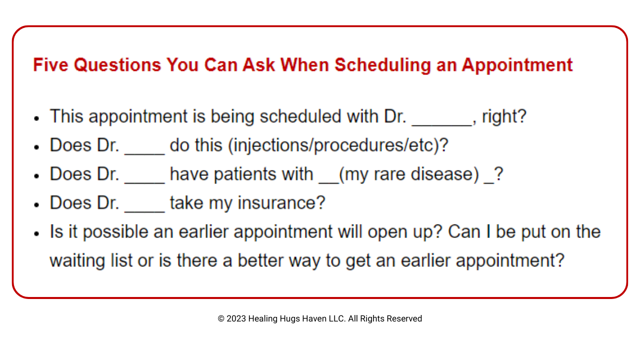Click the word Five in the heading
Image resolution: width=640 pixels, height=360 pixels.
pyautogui.click(x=50, y=64)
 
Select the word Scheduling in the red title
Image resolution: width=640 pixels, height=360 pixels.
pyautogui.click(x=382, y=65)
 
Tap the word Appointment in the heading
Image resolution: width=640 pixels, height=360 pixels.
pyautogui.click(x=517, y=65)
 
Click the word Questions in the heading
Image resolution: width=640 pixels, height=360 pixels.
pyautogui.click(x=117, y=65)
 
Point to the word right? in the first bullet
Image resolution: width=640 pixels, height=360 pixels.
pyautogui.click(x=504, y=117)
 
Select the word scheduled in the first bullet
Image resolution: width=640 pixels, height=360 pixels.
pyautogui.click(x=300, y=116)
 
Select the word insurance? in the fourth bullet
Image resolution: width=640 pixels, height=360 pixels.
pyautogui.click(x=281, y=203)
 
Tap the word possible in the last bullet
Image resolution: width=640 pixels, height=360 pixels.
pyautogui.click(x=115, y=231)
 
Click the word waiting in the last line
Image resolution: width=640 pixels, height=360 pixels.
pyautogui.click(x=77, y=261)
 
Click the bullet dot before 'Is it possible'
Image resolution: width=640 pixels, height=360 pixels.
pyautogui.click(x=36, y=233)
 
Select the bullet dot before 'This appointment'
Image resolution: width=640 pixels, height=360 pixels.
pyautogui.click(x=36, y=118)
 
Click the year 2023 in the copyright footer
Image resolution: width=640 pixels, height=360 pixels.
pyautogui.click(x=236, y=318)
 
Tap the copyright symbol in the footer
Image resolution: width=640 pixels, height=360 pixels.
pyautogui.click(x=221, y=318)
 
